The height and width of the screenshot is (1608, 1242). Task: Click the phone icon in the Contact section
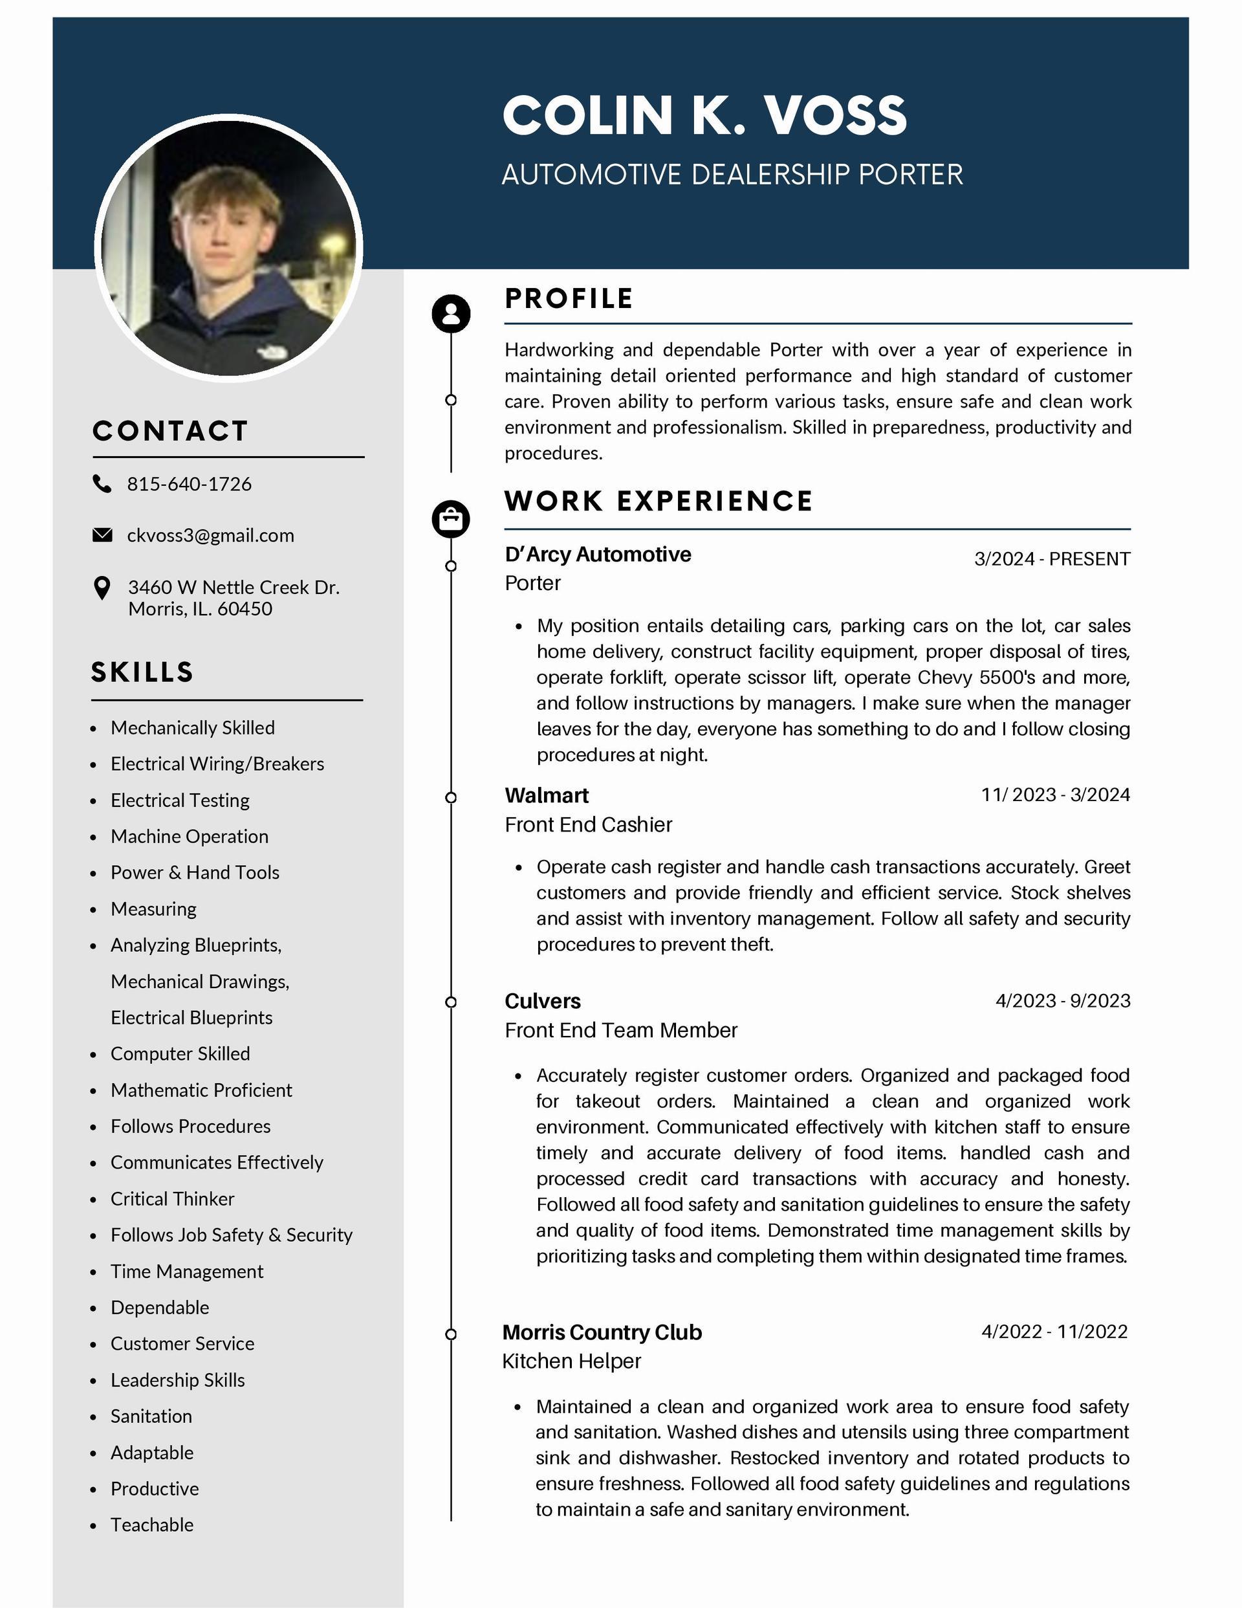(102, 484)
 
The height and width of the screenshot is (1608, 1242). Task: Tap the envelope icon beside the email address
(102, 535)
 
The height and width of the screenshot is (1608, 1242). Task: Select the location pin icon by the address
(102, 588)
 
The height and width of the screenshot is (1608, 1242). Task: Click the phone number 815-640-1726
(189, 485)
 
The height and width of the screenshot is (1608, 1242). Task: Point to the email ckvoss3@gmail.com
(211, 536)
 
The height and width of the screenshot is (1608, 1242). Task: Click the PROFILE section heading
(569, 299)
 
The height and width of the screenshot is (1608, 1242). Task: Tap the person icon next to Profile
(451, 314)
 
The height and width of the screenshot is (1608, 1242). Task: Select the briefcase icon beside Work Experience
(451, 519)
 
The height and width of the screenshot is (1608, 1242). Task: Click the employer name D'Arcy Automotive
(598, 555)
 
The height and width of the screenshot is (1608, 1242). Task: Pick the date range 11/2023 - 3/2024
(1055, 795)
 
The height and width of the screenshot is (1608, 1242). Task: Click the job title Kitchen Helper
(571, 1361)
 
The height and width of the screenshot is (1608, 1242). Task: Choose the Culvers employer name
(543, 1001)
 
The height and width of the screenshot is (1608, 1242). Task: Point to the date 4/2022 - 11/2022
(1054, 1332)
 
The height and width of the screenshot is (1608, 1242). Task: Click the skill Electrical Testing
(180, 800)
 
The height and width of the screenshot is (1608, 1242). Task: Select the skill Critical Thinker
(172, 1198)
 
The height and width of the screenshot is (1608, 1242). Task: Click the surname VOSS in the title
(835, 116)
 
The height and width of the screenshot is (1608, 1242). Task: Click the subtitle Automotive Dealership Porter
(732, 175)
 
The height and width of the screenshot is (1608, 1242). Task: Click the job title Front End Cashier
(588, 824)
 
